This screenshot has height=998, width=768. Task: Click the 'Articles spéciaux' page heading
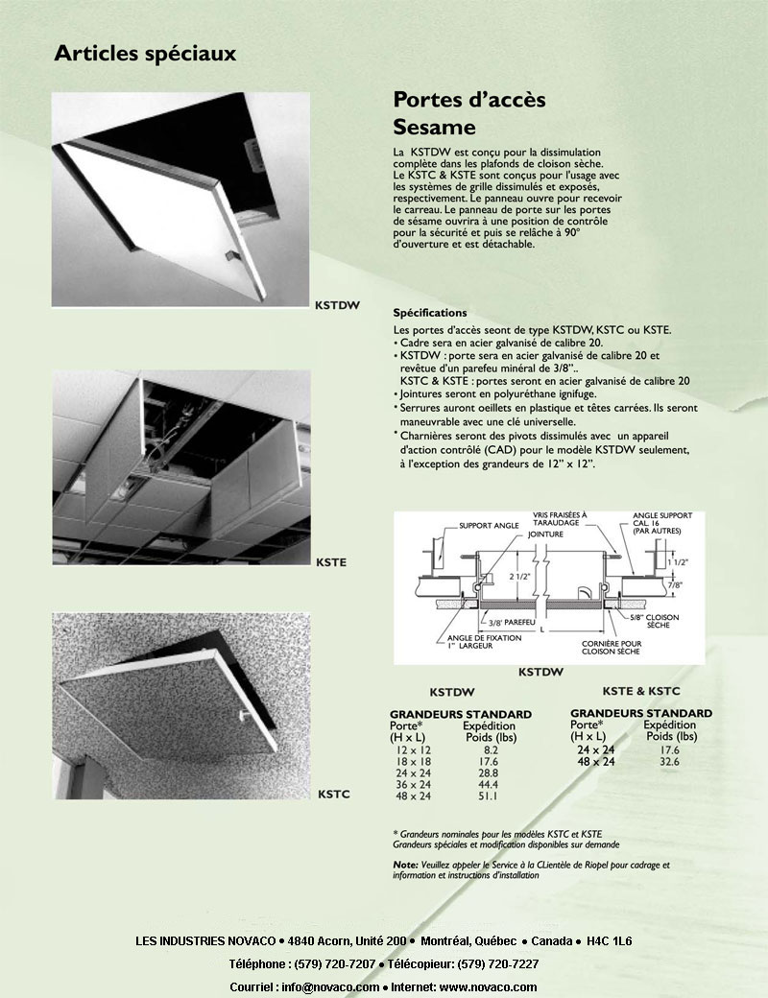point(145,53)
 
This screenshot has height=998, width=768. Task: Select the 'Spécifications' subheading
point(430,313)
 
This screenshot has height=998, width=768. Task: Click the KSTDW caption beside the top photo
point(337,307)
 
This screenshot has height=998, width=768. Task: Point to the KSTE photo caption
point(330,561)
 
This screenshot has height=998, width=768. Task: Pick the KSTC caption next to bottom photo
point(331,795)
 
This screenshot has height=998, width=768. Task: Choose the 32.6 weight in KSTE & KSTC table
point(670,761)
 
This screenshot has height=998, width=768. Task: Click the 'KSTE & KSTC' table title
point(641,691)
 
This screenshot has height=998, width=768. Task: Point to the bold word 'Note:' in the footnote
point(405,865)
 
